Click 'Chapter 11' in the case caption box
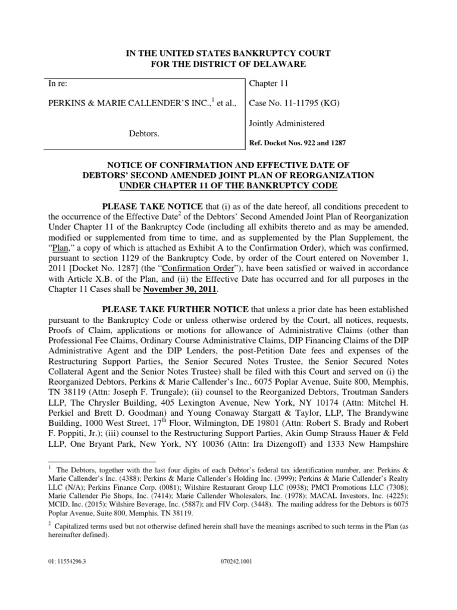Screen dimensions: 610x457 tap(268, 84)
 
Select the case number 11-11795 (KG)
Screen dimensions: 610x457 tap(289, 104)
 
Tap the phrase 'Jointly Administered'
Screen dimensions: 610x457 tap(286, 123)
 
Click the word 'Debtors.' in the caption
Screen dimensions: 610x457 tap(145, 134)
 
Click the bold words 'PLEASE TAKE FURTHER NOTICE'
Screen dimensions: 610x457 tap(167, 310)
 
